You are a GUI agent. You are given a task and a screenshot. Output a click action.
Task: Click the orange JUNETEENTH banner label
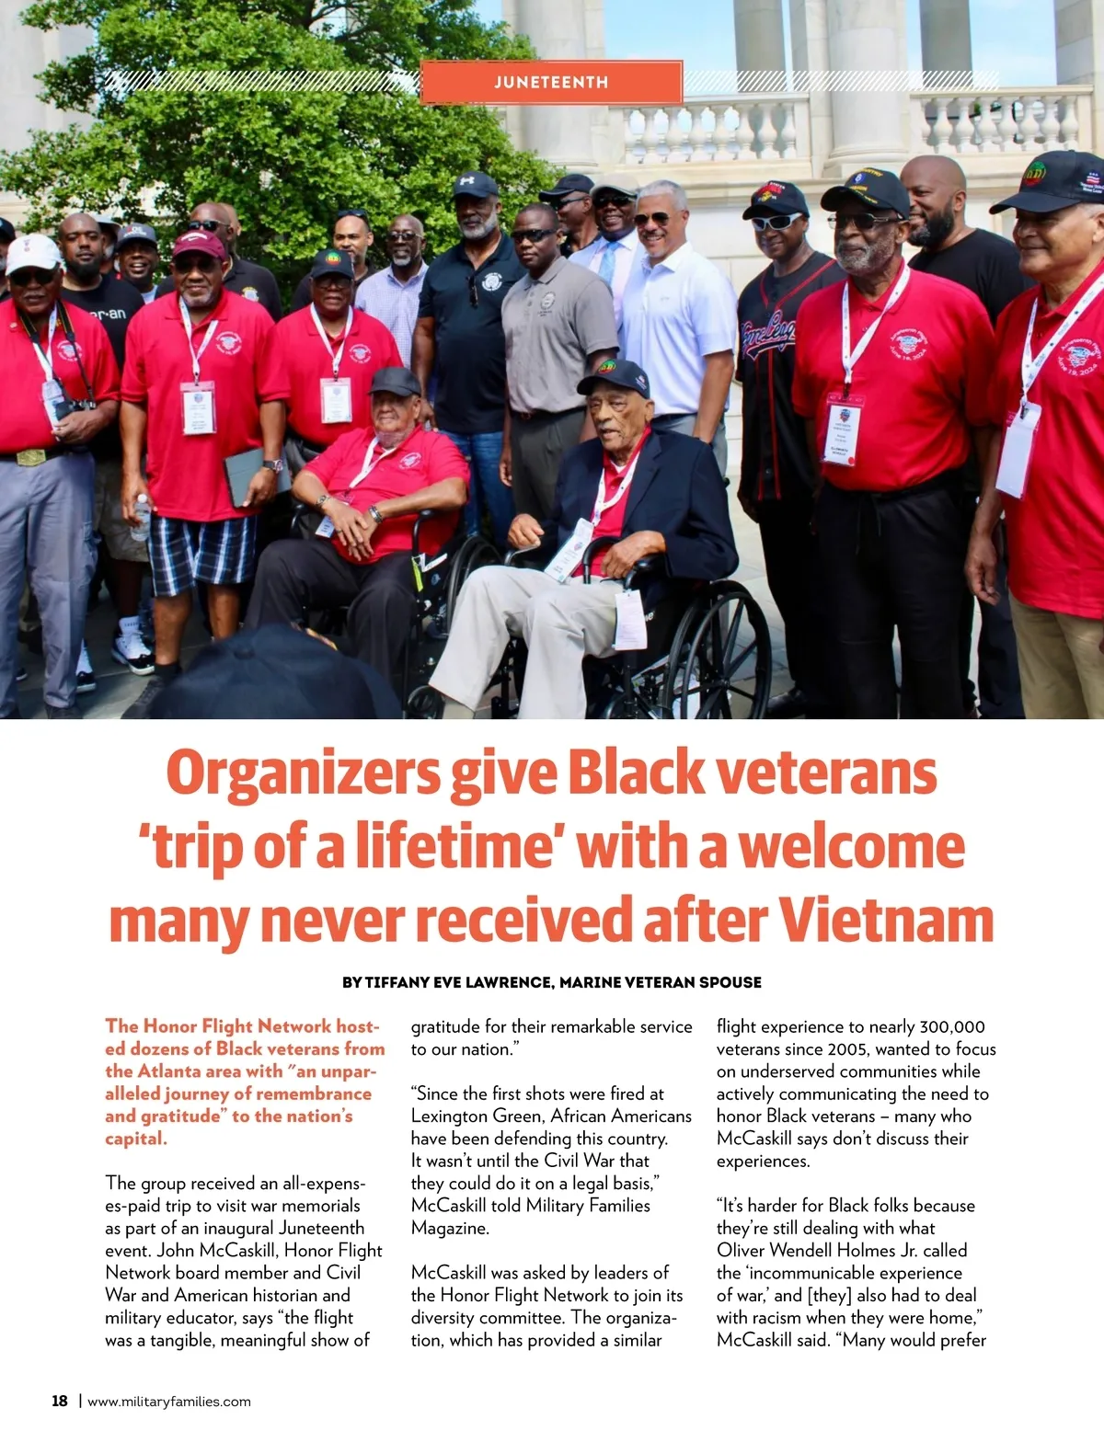tap(551, 82)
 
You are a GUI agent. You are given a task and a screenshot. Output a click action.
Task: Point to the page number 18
tap(60, 1401)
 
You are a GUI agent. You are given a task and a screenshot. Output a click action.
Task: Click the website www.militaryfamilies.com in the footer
tap(169, 1402)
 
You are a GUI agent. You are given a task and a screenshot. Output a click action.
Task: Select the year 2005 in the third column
tap(847, 1049)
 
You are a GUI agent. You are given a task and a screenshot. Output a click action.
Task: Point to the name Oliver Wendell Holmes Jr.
tap(842, 1250)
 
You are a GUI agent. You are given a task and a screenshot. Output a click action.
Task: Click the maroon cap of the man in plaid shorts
tap(200, 244)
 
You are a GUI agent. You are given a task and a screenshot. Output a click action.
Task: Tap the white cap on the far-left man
tap(32, 254)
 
